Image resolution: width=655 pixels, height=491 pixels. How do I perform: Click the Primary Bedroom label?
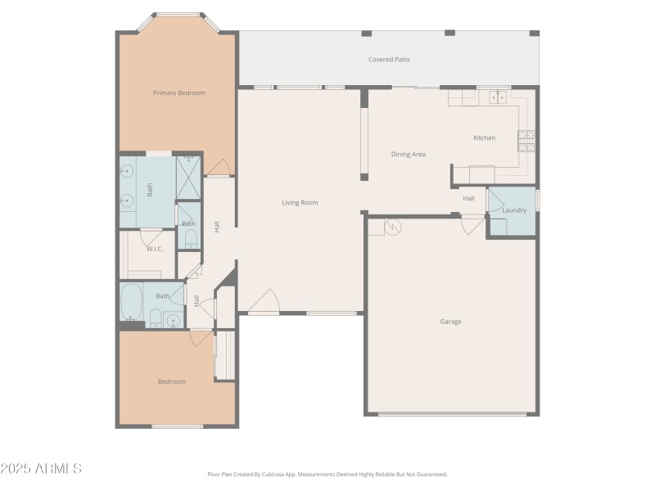point(178,92)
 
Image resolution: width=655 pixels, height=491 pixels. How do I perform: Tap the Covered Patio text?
point(389,60)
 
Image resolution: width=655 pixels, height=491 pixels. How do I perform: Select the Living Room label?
point(300,202)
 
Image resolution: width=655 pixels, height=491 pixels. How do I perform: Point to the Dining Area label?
point(408,154)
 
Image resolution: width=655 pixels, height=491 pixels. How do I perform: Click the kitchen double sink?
point(497,97)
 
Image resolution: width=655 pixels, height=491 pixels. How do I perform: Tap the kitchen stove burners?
point(526,141)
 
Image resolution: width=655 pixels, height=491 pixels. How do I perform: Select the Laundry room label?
point(514,210)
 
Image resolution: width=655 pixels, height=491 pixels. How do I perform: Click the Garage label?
point(450,322)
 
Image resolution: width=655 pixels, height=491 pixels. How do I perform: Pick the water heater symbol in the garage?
point(392,227)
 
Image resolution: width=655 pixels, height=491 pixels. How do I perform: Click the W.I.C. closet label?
point(155,248)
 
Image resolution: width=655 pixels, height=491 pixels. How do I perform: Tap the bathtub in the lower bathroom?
point(131,303)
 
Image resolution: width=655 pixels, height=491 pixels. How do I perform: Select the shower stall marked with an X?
point(189,176)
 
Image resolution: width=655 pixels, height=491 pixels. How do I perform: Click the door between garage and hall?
point(472,225)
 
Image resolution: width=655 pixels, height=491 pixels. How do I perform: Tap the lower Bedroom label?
point(172,381)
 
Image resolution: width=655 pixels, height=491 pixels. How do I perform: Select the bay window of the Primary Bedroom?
point(178,15)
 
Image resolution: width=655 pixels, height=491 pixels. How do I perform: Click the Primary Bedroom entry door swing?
point(218,168)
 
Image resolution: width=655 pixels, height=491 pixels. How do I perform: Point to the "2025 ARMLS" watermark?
point(41,469)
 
